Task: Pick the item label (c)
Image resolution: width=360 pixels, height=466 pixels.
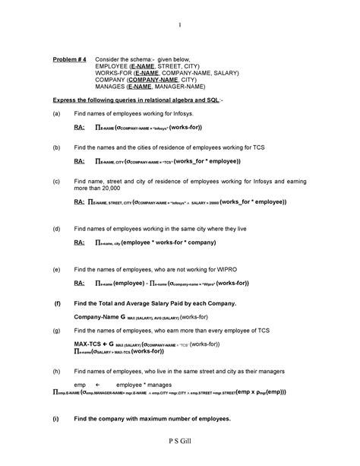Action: (55, 182)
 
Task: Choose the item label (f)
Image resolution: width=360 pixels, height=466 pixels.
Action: (55, 303)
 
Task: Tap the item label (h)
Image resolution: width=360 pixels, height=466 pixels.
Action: (55, 372)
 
